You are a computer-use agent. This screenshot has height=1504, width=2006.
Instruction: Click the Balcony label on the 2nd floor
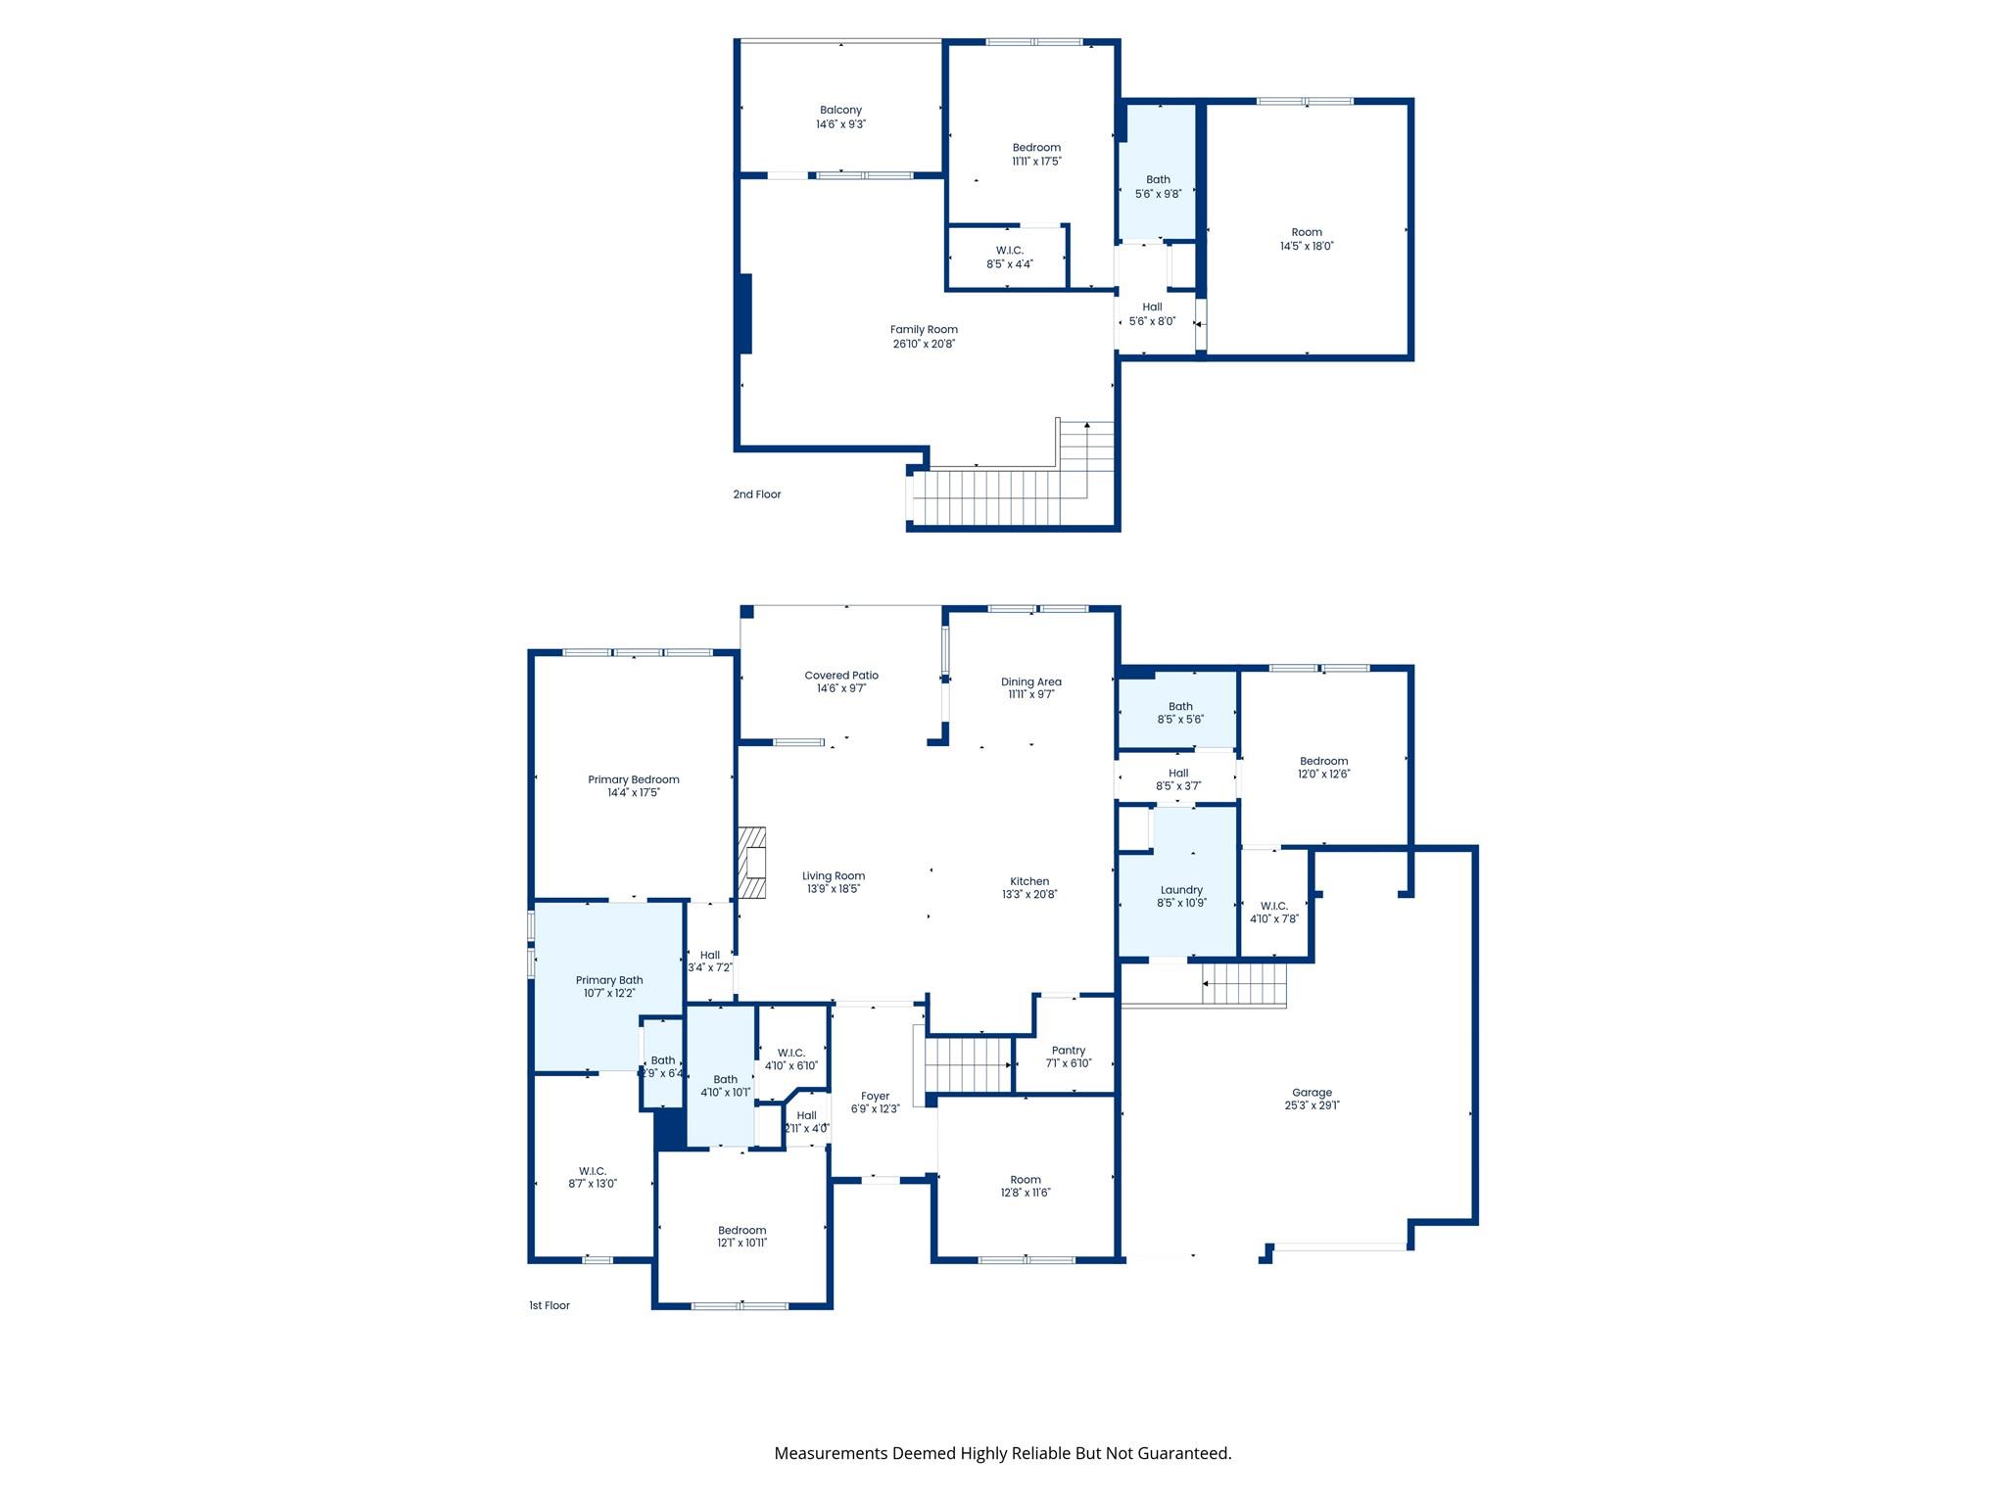840,110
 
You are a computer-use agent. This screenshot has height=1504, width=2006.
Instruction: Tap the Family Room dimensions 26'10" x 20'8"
923,344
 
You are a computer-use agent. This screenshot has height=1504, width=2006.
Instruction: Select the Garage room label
1312,1093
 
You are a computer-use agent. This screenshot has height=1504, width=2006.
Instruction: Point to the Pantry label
1068,1051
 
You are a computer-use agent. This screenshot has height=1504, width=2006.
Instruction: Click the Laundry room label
1181,890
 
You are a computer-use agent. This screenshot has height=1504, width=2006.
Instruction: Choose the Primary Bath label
609,980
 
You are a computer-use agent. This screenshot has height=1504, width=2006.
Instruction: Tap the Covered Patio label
841,676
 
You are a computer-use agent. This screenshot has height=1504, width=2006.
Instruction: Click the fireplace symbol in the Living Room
751,863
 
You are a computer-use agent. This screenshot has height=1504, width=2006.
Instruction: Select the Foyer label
875,1097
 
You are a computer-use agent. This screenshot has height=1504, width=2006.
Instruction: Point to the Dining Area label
1030,681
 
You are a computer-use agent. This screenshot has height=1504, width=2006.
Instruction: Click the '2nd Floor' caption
757,494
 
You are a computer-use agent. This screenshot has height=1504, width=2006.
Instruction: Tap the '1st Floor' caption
549,1305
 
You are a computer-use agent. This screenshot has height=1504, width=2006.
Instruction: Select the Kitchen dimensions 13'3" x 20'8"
1029,894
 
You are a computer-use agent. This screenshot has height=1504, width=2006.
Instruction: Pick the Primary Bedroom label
634,779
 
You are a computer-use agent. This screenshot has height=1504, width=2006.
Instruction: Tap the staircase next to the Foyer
969,1065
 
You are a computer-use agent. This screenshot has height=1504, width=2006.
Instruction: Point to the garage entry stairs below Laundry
1244,983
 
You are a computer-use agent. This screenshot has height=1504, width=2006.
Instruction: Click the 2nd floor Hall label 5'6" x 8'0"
1152,314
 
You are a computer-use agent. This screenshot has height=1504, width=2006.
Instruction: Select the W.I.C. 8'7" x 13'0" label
593,1177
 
